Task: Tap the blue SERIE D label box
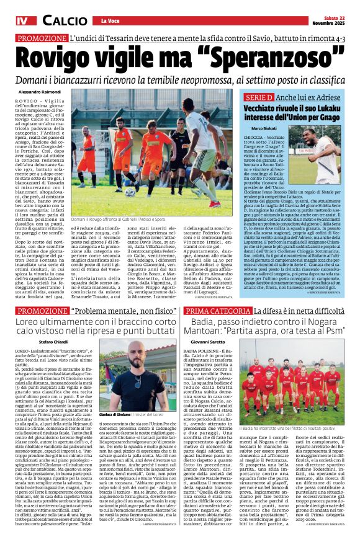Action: pos(259,98)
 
